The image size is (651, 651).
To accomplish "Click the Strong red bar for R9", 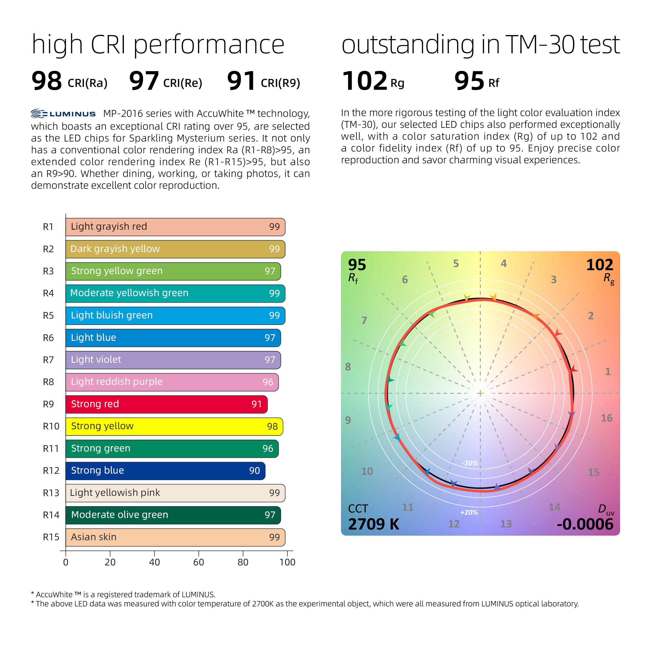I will pos(166,404).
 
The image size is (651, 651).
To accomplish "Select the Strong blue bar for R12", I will pos(165,471).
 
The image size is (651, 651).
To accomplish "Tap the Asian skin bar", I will pos(175,537).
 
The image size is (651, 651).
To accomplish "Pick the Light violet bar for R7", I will pos(173,360).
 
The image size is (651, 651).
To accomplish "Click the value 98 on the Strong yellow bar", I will pos(272,427).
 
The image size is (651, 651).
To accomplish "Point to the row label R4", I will pos(48,293).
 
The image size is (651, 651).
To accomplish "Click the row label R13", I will pos(51,493).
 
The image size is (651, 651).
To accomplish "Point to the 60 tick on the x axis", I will pos(198,562).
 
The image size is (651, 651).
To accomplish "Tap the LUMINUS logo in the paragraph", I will pos(63,114).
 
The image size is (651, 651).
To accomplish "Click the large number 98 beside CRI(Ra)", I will pos(46,81).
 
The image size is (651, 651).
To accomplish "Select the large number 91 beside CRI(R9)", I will pos(241,81).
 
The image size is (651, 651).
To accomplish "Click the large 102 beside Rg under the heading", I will pos(365,81).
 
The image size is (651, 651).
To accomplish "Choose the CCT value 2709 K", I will pos(373,524).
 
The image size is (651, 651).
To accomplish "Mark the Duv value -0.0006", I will pos(585,524).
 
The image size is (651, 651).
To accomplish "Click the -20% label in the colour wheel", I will pos(470,463).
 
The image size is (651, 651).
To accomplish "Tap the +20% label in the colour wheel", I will pos(469,512).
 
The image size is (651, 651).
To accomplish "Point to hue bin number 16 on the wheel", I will pos(607,418).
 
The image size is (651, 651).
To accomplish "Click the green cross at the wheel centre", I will pos(480,393).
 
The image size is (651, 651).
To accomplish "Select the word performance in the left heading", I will pos(209,45).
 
